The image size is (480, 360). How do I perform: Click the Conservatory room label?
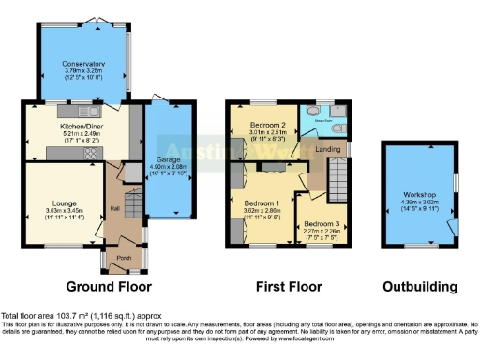(x=84, y=64)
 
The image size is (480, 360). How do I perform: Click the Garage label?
(x=169, y=160)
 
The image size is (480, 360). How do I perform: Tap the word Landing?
(x=327, y=147)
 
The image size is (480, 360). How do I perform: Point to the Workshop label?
(x=412, y=196)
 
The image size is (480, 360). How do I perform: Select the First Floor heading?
(x=288, y=286)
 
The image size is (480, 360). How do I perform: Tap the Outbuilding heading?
(x=420, y=286)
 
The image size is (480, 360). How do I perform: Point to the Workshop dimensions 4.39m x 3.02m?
(x=412, y=204)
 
